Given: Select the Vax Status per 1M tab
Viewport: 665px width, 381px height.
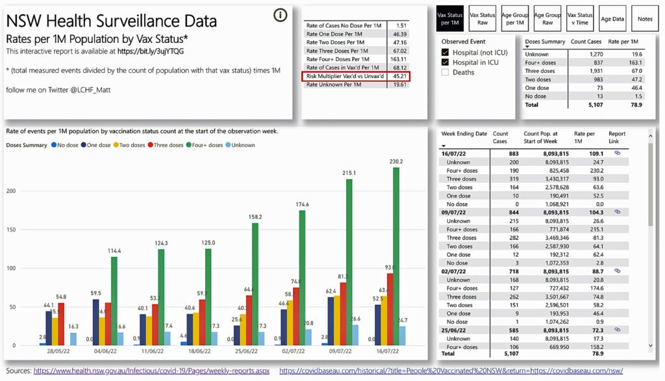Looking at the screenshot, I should click(450, 18).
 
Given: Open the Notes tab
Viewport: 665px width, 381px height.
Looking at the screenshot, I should click(644, 19).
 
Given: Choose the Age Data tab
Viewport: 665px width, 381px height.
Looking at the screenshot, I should click(612, 19).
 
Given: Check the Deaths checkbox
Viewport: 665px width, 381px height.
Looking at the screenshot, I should click(445, 72).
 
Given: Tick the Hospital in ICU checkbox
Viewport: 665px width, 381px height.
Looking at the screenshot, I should click(445, 62).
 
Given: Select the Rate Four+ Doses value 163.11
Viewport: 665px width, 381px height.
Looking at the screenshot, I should click(398, 59).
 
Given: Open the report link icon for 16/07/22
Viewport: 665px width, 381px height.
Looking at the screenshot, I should click(616, 153).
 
